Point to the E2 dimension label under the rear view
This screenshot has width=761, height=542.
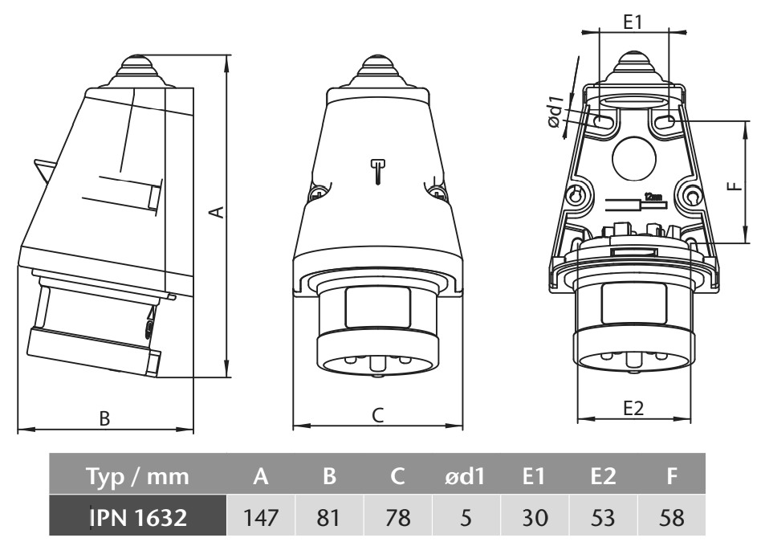tap(633, 408)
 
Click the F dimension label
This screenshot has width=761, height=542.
tap(731, 185)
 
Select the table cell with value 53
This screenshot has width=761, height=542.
tap(602, 516)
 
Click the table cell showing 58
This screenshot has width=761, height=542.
tap(671, 516)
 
